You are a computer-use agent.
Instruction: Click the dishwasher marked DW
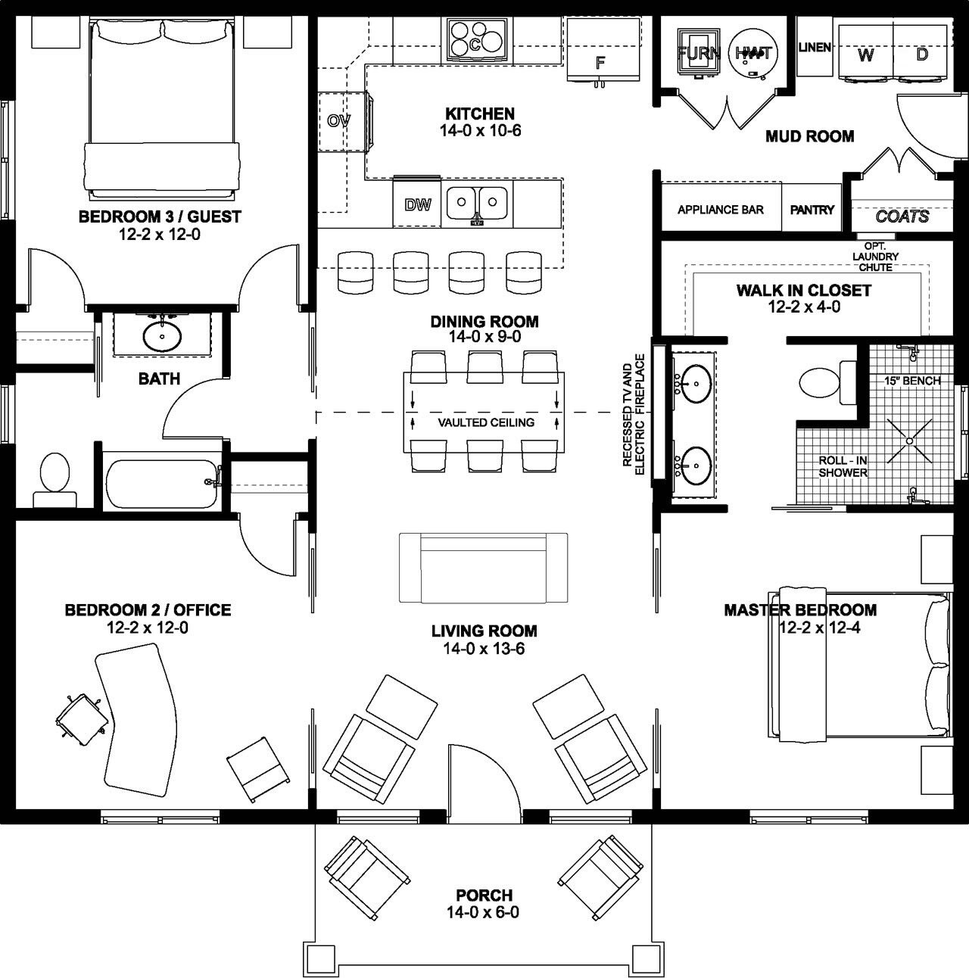(x=418, y=204)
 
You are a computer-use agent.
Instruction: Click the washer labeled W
(x=865, y=55)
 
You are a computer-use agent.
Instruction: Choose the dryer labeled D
(x=921, y=55)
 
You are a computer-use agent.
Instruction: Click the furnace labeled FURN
(x=698, y=52)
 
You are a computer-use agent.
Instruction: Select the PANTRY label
(x=812, y=210)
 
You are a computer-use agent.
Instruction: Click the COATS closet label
(x=902, y=216)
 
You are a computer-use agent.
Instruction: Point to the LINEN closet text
(x=815, y=48)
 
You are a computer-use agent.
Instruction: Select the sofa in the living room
(x=484, y=568)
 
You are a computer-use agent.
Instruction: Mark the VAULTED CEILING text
(x=486, y=422)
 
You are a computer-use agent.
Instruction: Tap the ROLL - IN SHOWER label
(x=843, y=466)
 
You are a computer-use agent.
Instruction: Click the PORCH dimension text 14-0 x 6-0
(x=484, y=912)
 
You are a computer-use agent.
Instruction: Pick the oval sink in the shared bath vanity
(x=161, y=335)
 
